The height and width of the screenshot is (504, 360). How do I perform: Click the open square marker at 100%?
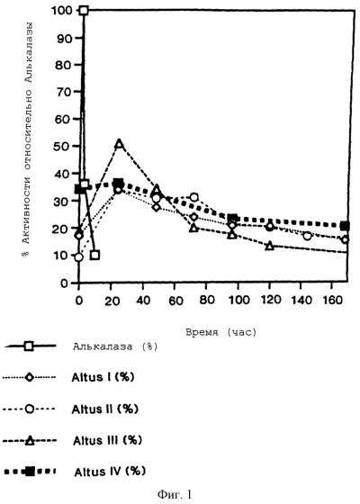(x=84, y=10)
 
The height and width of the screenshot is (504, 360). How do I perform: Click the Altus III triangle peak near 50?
(x=119, y=144)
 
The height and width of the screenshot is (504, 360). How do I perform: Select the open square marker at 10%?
(x=94, y=256)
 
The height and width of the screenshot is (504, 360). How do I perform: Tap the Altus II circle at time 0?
(x=79, y=257)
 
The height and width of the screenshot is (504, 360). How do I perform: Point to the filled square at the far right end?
(x=345, y=226)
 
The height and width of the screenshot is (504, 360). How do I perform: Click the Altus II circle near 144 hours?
(x=307, y=236)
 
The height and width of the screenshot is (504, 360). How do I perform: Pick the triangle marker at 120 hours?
(x=269, y=246)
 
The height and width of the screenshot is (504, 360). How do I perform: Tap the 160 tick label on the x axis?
(x=332, y=300)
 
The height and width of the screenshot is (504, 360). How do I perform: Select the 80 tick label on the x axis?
(x=206, y=300)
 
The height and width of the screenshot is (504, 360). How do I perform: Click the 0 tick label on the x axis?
(x=79, y=300)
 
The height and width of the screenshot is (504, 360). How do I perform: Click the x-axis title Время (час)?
(x=221, y=332)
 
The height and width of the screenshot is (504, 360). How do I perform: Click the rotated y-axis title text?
(x=28, y=139)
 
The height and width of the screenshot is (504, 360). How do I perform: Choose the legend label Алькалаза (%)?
(x=115, y=346)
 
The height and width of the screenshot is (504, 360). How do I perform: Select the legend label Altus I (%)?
(x=103, y=377)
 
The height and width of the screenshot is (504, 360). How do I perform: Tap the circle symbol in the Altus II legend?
(x=29, y=409)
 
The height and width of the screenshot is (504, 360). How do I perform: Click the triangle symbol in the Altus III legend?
(x=30, y=440)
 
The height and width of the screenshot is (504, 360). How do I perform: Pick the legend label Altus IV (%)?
(x=110, y=472)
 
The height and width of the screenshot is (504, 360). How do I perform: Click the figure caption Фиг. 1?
(x=175, y=494)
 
